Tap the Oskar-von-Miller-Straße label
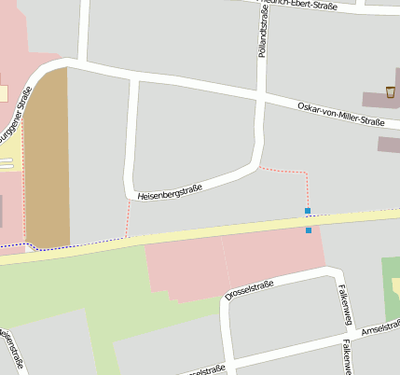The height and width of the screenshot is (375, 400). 340,115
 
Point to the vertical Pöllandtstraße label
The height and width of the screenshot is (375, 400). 261,33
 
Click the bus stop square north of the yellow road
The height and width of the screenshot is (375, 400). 308,211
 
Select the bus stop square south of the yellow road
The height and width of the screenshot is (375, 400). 309,229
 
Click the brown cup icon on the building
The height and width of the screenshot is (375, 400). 390,91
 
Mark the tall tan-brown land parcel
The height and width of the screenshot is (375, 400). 47,159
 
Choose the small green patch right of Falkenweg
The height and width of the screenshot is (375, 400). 392,285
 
